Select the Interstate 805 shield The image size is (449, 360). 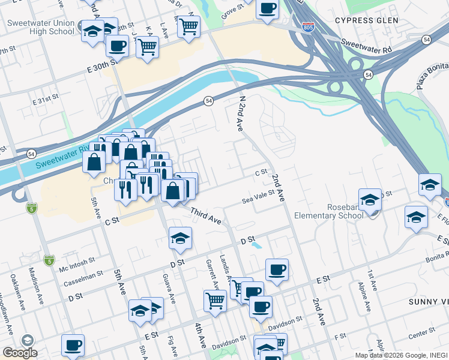[308, 28]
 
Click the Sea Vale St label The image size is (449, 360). [258, 196]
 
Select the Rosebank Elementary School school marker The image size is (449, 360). [370, 200]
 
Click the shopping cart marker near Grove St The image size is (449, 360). [189, 25]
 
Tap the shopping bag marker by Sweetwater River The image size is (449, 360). [94, 161]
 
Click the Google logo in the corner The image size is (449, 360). [19, 352]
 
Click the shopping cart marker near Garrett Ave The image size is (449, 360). [215, 300]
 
